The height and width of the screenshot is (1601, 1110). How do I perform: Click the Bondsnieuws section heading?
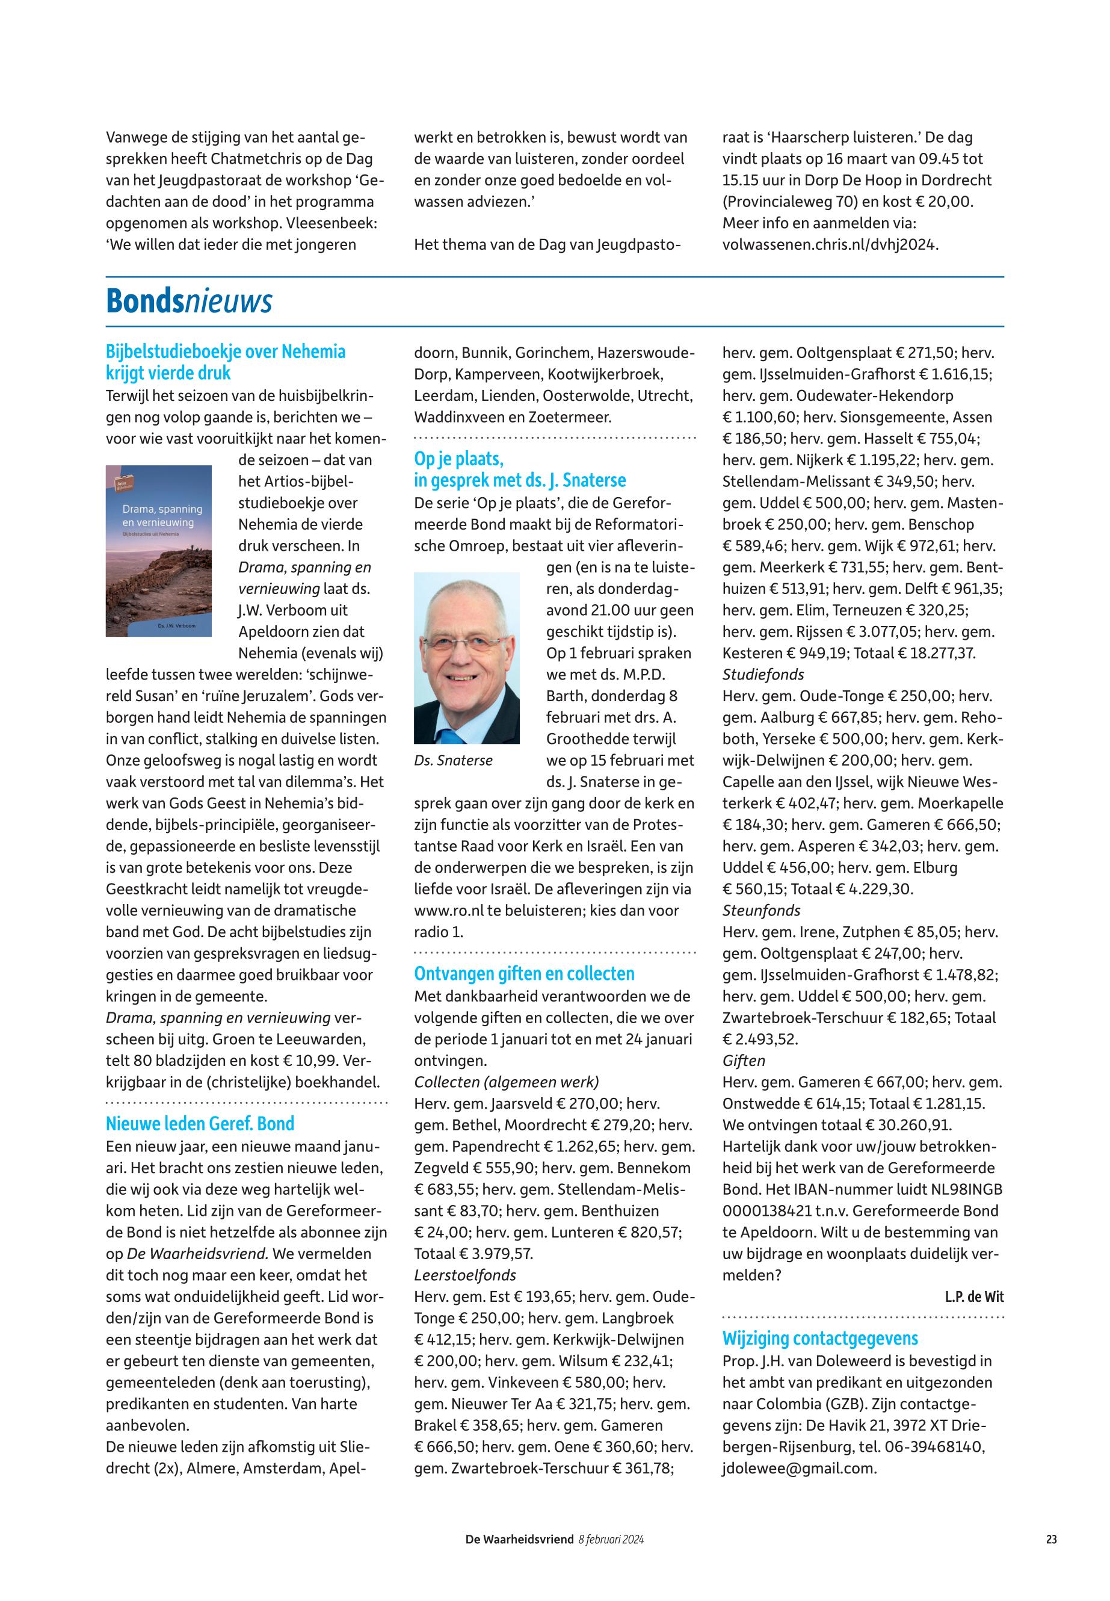coord(188,302)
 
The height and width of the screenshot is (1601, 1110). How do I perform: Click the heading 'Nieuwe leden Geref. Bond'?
coord(200,1124)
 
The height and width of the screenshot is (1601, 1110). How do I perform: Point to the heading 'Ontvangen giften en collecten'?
coord(525,973)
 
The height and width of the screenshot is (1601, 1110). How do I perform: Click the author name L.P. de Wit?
coord(973,1296)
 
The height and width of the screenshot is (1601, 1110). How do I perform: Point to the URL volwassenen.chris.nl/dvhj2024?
coord(830,244)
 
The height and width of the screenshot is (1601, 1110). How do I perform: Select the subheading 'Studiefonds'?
coord(763,674)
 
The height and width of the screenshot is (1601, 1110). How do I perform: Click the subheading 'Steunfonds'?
coord(761,910)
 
